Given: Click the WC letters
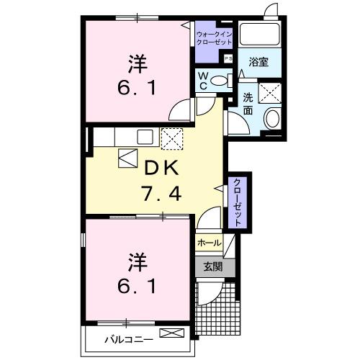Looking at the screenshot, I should point(203,81).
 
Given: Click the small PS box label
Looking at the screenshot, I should point(229,59).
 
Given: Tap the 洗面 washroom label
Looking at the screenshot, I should point(248,104).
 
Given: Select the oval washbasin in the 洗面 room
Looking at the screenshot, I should point(272,119).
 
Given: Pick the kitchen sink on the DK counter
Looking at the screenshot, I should point(145,135).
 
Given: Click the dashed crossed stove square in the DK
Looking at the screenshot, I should point(171,138).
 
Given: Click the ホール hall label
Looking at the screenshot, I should point(209,243).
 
